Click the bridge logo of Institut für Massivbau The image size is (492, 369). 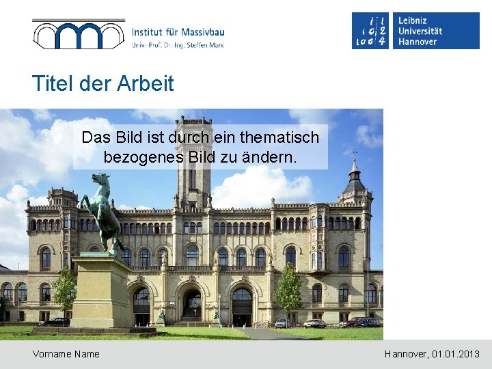tap(79, 34)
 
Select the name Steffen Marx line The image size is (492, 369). tap(178, 45)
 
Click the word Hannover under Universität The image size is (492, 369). tap(418, 42)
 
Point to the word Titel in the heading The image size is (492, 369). tap(54, 84)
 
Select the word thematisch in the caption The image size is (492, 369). tap(281, 137)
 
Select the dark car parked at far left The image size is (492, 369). tap(55, 322)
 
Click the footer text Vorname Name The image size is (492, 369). tap(66, 354)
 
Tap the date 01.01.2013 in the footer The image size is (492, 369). tap(456, 354)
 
